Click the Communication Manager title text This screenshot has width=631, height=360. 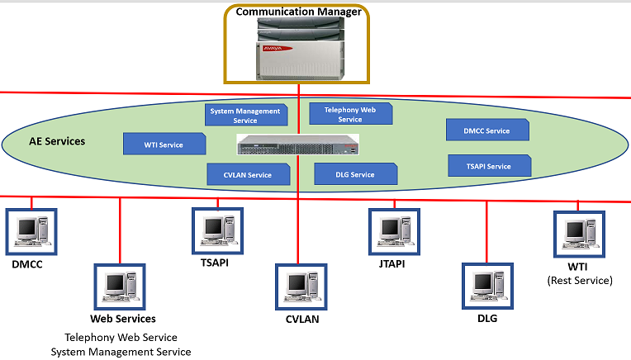point(299,12)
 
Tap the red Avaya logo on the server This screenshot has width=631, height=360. point(278,48)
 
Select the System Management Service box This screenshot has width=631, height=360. point(246,116)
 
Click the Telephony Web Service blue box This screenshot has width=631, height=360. point(350,114)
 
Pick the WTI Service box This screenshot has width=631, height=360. point(164,144)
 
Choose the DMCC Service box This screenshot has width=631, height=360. point(487,130)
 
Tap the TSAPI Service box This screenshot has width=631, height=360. point(489,166)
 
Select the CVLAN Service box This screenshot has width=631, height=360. point(249,174)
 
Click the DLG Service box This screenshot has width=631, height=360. point(356,174)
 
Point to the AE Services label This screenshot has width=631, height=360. point(57,141)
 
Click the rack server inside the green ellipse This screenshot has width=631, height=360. point(298,144)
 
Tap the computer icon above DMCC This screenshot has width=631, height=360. point(31,232)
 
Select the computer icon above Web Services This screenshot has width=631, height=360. point(120,287)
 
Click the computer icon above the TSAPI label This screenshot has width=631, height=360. point(218,231)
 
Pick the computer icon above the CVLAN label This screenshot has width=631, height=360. point(301,287)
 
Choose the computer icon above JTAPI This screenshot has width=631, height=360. point(395,232)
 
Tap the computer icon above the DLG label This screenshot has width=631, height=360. point(488,286)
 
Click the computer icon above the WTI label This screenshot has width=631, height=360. point(579,234)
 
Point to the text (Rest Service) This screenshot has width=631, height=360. point(580,281)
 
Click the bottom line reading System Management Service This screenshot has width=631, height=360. point(121,352)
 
